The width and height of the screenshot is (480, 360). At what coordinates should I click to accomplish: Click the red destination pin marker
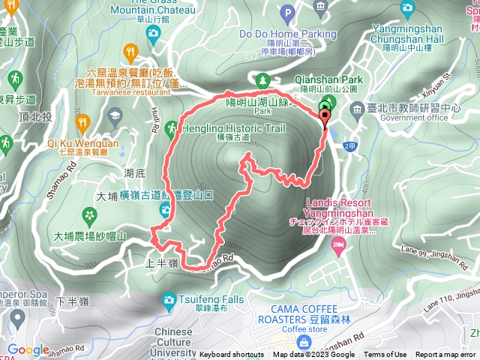pos(325,115)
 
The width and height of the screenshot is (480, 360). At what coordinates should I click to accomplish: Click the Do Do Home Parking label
pos(277,34)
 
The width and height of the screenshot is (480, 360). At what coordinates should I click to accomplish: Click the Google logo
pos(28,349)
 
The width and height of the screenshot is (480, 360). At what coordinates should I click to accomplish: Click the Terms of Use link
pos(385,355)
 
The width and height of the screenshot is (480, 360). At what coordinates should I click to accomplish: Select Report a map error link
pos(446,355)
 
